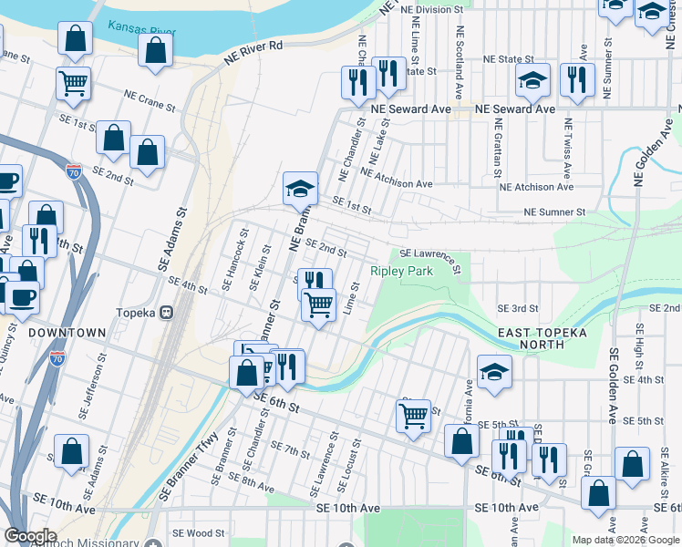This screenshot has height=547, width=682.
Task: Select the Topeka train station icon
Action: [x=167, y=312]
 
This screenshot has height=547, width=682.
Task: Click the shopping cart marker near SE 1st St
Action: [x=74, y=84]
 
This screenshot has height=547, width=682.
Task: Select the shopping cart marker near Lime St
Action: [x=318, y=305]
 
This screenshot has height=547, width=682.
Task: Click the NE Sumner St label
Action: [x=553, y=212]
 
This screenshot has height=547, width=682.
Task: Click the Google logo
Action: [x=30, y=536]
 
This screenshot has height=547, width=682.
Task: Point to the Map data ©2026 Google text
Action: [x=625, y=540]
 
